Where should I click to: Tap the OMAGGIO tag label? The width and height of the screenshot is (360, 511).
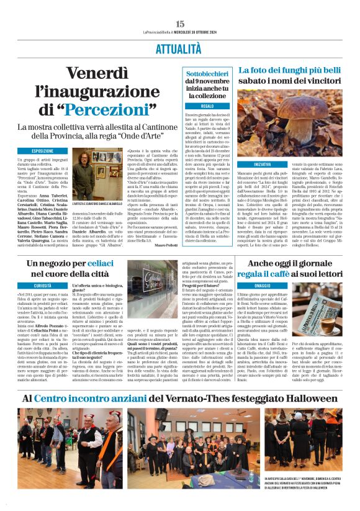(x=262, y=285)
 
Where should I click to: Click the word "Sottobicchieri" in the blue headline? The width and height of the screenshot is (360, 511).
(x=209, y=73)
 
